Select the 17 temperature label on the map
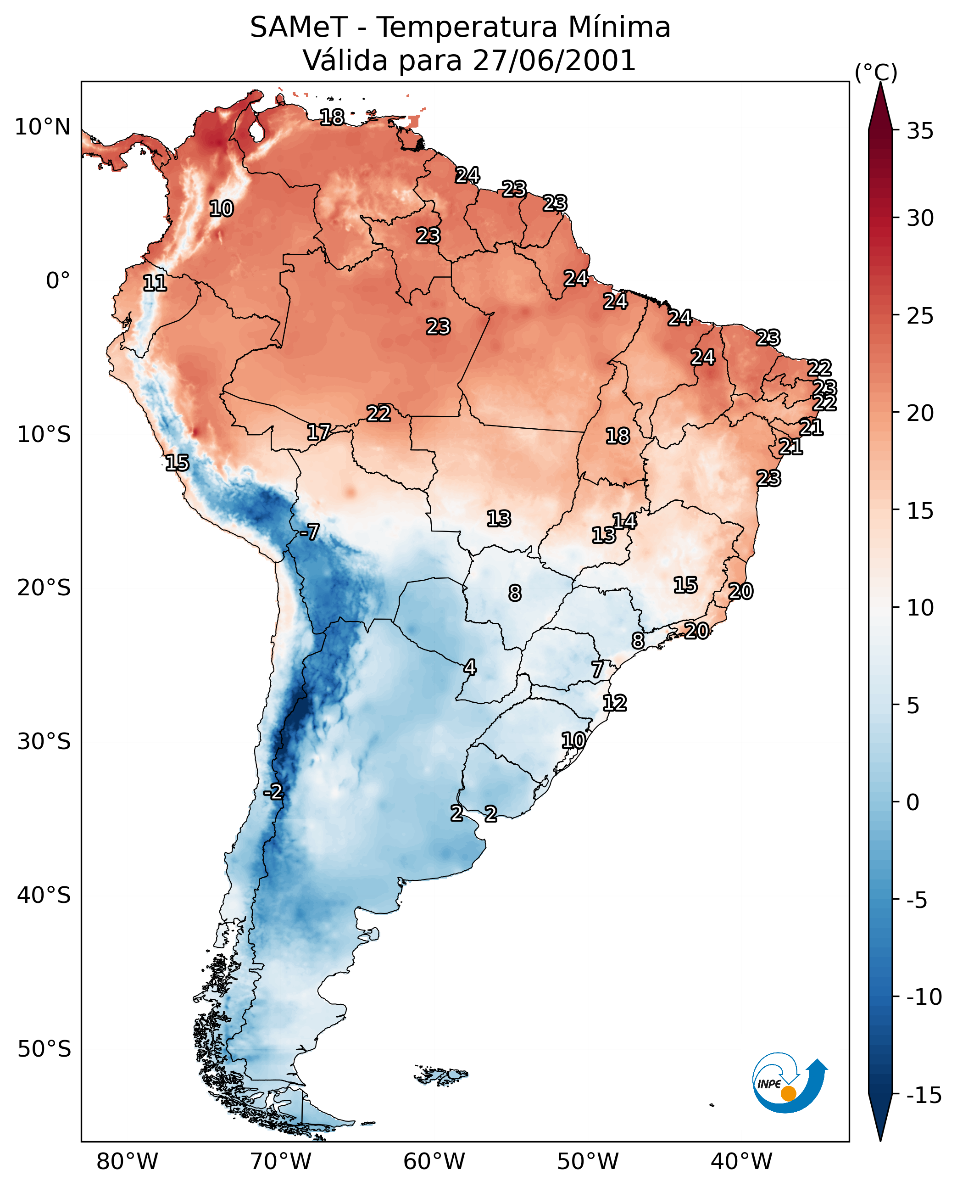point(319,432)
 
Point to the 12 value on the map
point(614,703)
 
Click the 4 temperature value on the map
point(470,667)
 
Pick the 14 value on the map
point(624,521)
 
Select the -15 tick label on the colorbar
point(924,1096)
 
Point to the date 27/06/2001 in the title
point(554,61)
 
